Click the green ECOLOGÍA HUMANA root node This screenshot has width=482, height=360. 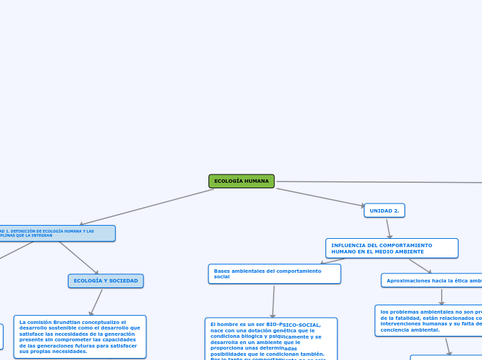click(x=241, y=181)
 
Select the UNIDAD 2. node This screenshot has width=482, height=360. click(x=384, y=210)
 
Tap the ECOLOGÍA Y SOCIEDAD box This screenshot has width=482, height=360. click(x=105, y=280)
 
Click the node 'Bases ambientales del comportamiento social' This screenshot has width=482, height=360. click(x=274, y=273)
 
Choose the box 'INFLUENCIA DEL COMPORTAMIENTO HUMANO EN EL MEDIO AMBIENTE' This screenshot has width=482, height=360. click(x=391, y=248)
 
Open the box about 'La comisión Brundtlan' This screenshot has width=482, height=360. click(x=80, y=336)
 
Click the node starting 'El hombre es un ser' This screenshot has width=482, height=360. click(x=271, y=339)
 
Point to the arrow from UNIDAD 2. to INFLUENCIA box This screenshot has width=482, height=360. click(x=389, y=228)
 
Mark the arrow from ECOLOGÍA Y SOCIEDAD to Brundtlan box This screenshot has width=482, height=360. click(x=96, y=302)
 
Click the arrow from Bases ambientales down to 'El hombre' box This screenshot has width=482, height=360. click(x=274, y=301)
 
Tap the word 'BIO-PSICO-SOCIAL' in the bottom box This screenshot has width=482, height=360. click(x=293, y=324)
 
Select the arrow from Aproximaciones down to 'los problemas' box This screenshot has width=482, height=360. click(x=441, y=296)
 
